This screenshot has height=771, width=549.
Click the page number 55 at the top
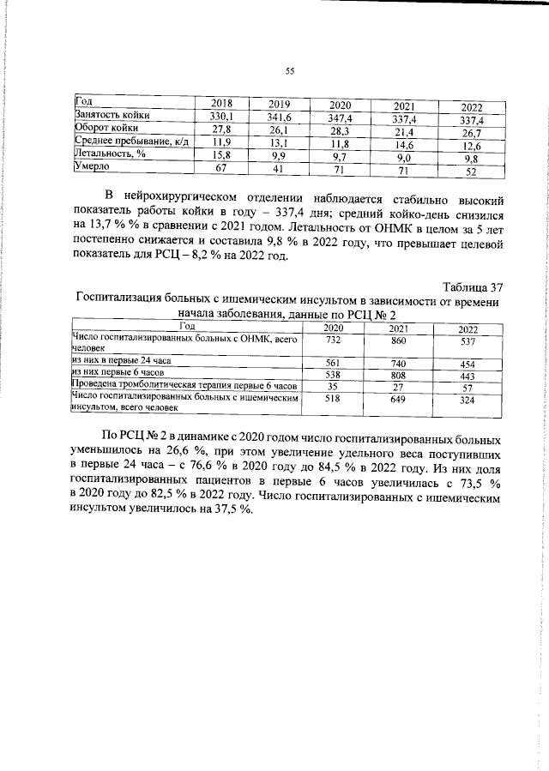(289, 73)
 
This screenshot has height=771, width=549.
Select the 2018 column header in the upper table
(222, 103)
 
